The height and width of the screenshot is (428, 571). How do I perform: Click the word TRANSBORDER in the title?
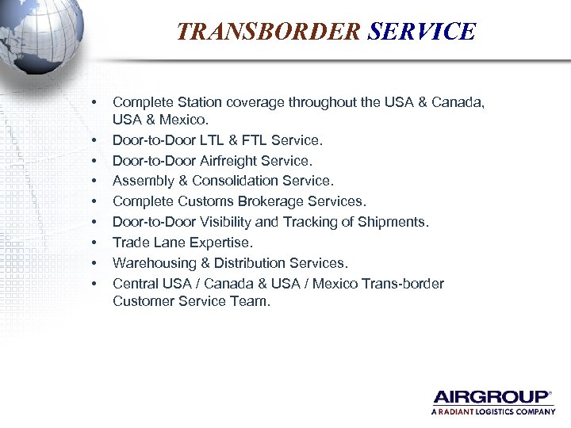(268, 32)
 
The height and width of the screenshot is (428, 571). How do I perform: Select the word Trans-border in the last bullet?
(404, 284)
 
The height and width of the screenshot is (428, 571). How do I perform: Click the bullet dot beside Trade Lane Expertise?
(95, 243)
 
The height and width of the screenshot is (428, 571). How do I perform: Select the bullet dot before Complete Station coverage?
(95, 102)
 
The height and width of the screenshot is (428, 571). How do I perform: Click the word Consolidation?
(238, 181)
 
